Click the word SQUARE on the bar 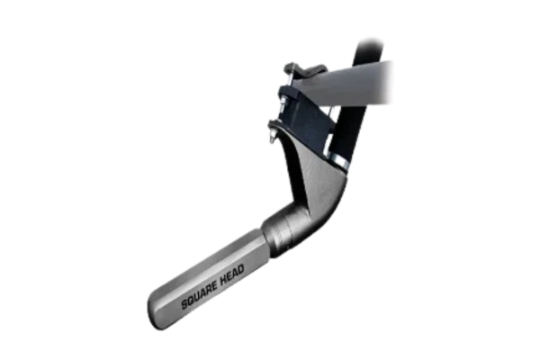click(200, 294)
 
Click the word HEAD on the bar click(232, 274)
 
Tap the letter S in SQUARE click(184, 303)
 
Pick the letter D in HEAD click(240, 270)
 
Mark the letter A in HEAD click(235, 274)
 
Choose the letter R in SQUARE click(208, 290)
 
